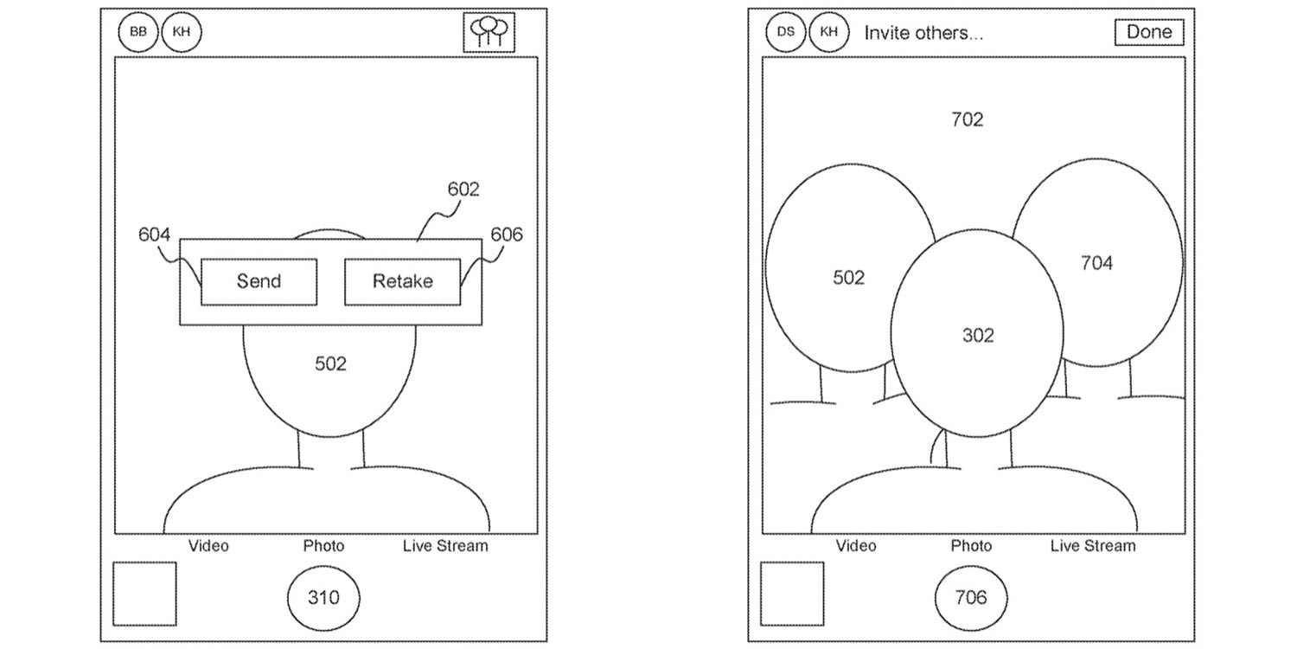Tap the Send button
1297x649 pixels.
259,281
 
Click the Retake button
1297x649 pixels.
402,281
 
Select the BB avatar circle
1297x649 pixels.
138,32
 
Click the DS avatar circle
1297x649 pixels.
785,32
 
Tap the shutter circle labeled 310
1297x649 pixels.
323,597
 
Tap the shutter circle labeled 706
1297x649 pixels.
971,597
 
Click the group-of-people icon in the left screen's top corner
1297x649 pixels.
489,33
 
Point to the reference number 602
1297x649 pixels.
463,189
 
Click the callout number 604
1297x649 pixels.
154,235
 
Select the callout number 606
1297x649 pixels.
507,235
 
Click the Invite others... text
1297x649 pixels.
923,33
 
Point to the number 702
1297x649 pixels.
967,119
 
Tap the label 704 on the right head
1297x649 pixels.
1096,263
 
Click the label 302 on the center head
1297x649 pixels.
978,335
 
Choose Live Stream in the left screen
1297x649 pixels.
444,546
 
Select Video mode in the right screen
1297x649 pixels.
856,546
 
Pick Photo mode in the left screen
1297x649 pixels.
323,546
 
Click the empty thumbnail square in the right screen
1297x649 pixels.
792,593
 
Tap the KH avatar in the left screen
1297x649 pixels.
182,32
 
